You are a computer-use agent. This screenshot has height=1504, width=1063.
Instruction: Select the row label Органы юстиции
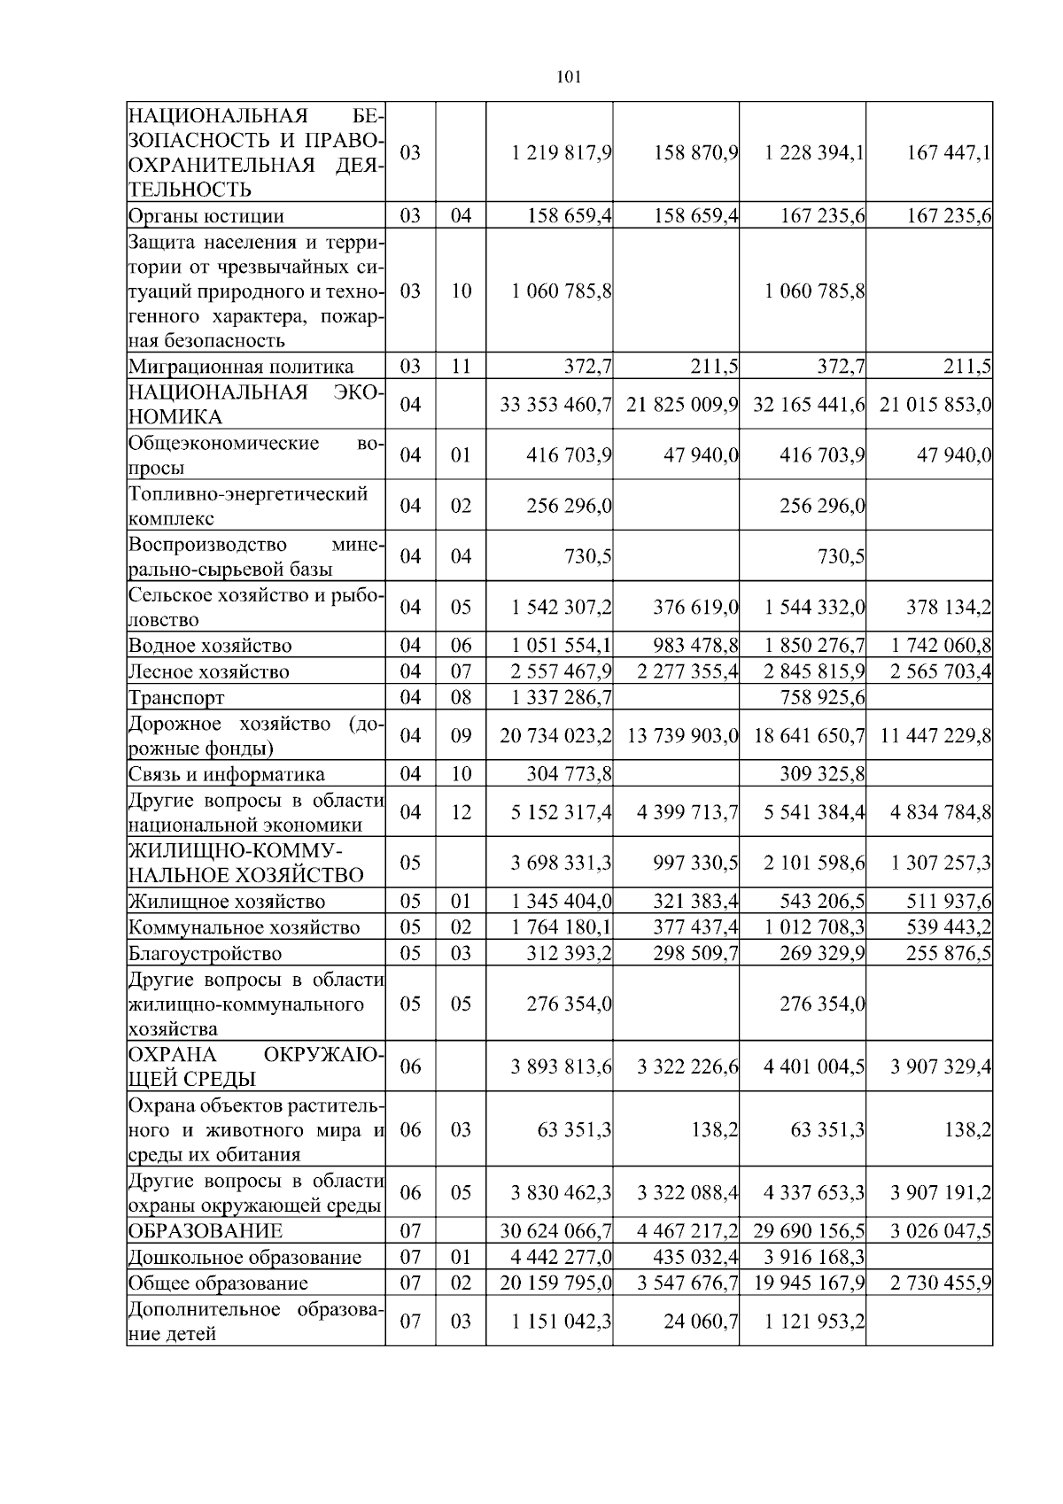pyautogui.click(x=206, y=216)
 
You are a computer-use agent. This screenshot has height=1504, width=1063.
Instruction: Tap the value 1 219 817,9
pyautogui.click(x=562, y=152)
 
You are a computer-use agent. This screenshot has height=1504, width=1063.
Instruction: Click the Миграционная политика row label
pyautogui.click(x=241, y=367)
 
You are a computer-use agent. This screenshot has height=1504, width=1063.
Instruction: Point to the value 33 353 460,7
pyautogui.click(x=556, y=405)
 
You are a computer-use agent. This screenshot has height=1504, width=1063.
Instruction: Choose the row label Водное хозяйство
pyautogui.click(x=210, y=646)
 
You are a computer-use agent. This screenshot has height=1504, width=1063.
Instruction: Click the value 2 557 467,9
pyautogui.click(x=562, y=671)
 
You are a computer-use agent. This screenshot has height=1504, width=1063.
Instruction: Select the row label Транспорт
pyautogui.click(x=177, y=698)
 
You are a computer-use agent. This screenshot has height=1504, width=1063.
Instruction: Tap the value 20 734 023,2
pyautogui.click(x=556, y=735)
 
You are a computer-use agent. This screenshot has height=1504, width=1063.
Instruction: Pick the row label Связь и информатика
pyautogui.click(x=227, y=774)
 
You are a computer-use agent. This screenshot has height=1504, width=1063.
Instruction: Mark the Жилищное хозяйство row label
pyautogui.click(x=227, y=902)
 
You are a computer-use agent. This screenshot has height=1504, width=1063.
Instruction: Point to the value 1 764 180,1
pyautogui.click(x=562, y=927)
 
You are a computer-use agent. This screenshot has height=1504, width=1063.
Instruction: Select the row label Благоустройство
pyautogui.click(x=206, y=954)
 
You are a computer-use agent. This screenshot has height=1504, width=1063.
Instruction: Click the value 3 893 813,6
pyautogui.click(x=562, y=1066)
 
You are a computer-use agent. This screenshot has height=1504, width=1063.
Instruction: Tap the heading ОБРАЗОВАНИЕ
pyautogui.click(x=206, y=1231)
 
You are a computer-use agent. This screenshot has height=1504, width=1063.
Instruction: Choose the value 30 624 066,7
pyautogui.click(x=556, y=1231)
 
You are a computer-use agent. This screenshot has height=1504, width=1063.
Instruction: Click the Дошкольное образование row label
pyautogui.click(x=244, y=1258)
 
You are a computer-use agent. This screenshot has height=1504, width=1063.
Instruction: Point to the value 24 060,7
pyautogui.click(x=701, y=1322)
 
